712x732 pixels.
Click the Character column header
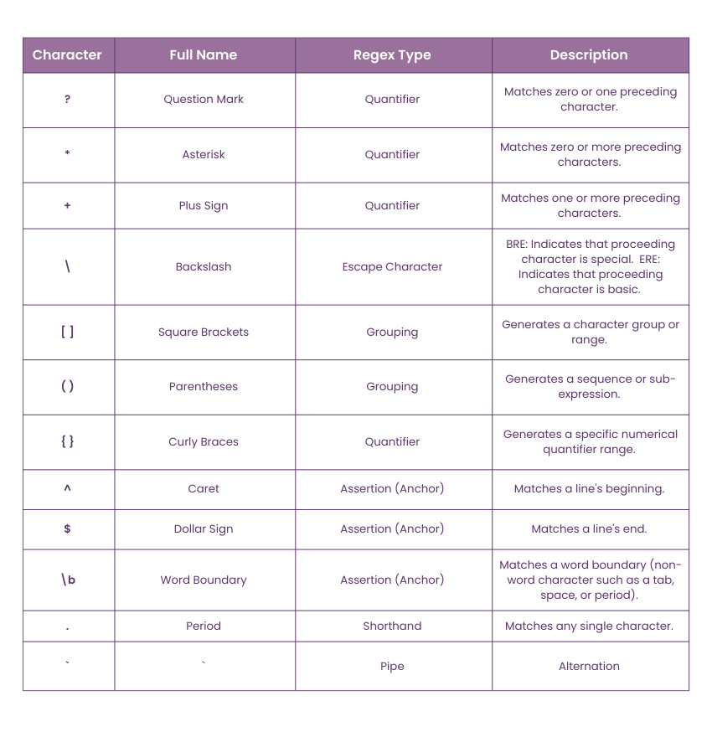67,55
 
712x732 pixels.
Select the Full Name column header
204,55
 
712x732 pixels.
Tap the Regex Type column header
392,55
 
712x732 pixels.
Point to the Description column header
589,55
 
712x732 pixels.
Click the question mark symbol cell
67,100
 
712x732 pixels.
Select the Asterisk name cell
204,154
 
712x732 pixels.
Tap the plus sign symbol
67,205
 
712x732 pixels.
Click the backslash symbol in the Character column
67,266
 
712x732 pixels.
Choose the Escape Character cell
392,266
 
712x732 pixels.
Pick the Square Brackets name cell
204,332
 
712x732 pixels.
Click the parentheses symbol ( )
67,386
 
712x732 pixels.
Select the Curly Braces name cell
204,441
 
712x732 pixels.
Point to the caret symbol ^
67,489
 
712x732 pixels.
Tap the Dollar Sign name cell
204,528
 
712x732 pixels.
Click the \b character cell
68,580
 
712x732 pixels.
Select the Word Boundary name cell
204,580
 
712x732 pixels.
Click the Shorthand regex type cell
392,626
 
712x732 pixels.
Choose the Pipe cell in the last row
392,666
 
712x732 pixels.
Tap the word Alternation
589,666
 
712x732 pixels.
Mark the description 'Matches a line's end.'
589,528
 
